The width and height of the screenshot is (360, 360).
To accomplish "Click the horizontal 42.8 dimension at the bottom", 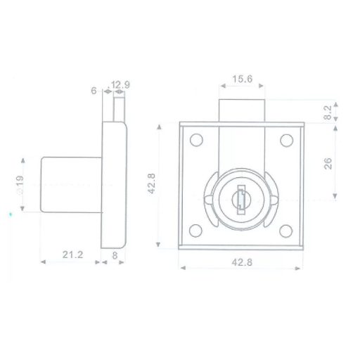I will (x=241, y=262).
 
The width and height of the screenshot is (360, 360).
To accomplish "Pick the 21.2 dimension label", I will (x=72, y=255).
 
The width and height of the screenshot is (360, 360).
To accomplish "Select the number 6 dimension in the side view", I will (x=94, y=90).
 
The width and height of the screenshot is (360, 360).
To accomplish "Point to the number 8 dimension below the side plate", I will (x=115, y=255).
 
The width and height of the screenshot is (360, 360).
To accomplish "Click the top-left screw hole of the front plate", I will (x=197, y=140).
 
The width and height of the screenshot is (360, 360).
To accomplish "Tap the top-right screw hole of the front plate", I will (x=286, y=140).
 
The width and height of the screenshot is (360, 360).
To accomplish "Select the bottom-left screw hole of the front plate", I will (x=197, y=229).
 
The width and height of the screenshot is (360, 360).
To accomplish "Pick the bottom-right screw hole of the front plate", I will (x=286, y=229).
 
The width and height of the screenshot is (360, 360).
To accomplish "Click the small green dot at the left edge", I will (x=10, y=212).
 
